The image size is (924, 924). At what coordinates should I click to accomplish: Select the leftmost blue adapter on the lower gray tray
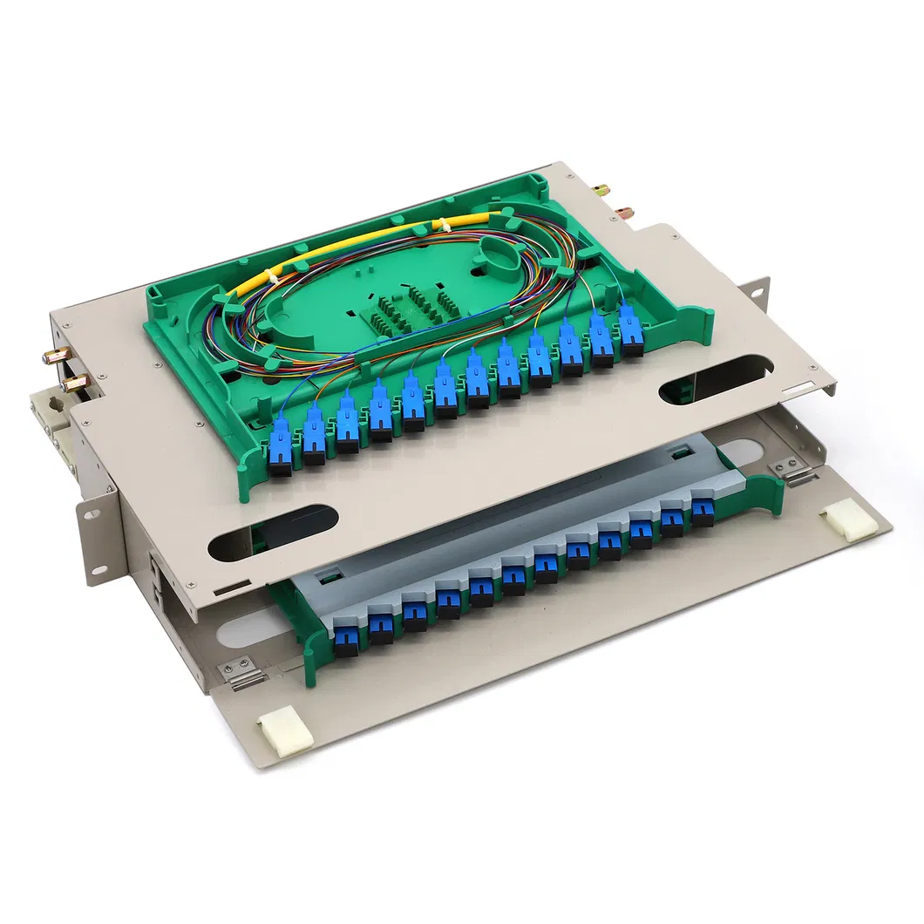(x=346, y=637)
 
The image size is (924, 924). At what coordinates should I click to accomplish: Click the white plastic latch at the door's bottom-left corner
(x=285, y=734)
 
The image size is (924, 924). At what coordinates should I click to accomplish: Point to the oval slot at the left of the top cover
(x=274, y=532)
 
